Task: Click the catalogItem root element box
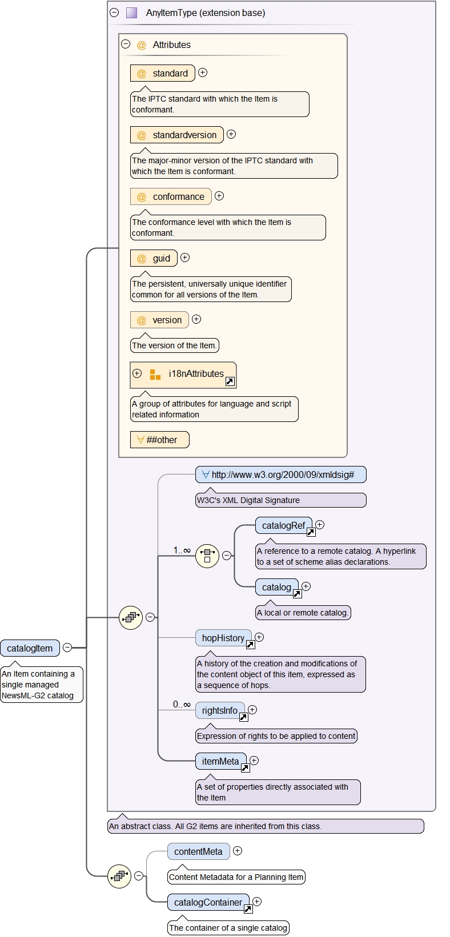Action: tap(30, 648)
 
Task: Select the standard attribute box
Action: tap(163, 73)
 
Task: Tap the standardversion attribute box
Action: tap(177, 135)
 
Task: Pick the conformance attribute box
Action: tap(171, 196)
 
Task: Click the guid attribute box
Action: tap(154, 258)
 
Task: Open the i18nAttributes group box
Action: tap(183, 375)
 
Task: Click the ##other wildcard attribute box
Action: tap(159, 440)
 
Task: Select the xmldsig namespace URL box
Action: tap(280, 474)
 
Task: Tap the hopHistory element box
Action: tap(223, 638)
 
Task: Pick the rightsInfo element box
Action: tap(220, 710)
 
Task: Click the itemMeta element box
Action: tap(220, 761)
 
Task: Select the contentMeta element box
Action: tap(198, 851)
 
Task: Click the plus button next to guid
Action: tap(185, 258)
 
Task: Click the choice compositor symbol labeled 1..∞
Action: tap(207, 556)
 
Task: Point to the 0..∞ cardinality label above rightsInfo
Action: tap(182, 704)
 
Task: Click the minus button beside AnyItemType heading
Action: tap(114, 13)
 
